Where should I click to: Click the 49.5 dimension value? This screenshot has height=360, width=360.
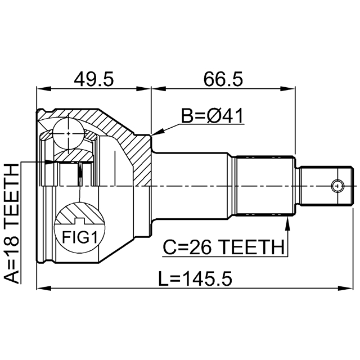[x=94, y=79]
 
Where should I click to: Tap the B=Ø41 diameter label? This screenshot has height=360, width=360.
[x=211, y=116]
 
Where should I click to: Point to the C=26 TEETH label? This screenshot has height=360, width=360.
[x=223, y=247]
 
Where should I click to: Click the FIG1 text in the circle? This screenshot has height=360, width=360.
[x=79, y=237]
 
